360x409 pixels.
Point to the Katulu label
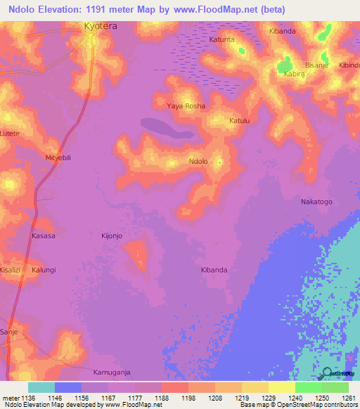point(240,121)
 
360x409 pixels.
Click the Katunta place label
point(221,40)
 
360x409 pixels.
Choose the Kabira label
point(294,73)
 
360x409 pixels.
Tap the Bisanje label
point(316,65)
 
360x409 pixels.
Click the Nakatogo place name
point(316,202)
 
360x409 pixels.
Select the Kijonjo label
point(112,236)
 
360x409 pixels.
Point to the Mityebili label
point(58,158)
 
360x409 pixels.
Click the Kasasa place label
point(44,236)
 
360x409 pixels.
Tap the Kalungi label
point(43,269)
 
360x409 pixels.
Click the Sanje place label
point(8,330)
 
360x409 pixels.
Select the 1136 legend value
point(27,397)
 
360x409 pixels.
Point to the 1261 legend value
point(349,397)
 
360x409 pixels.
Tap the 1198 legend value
point(188,397)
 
